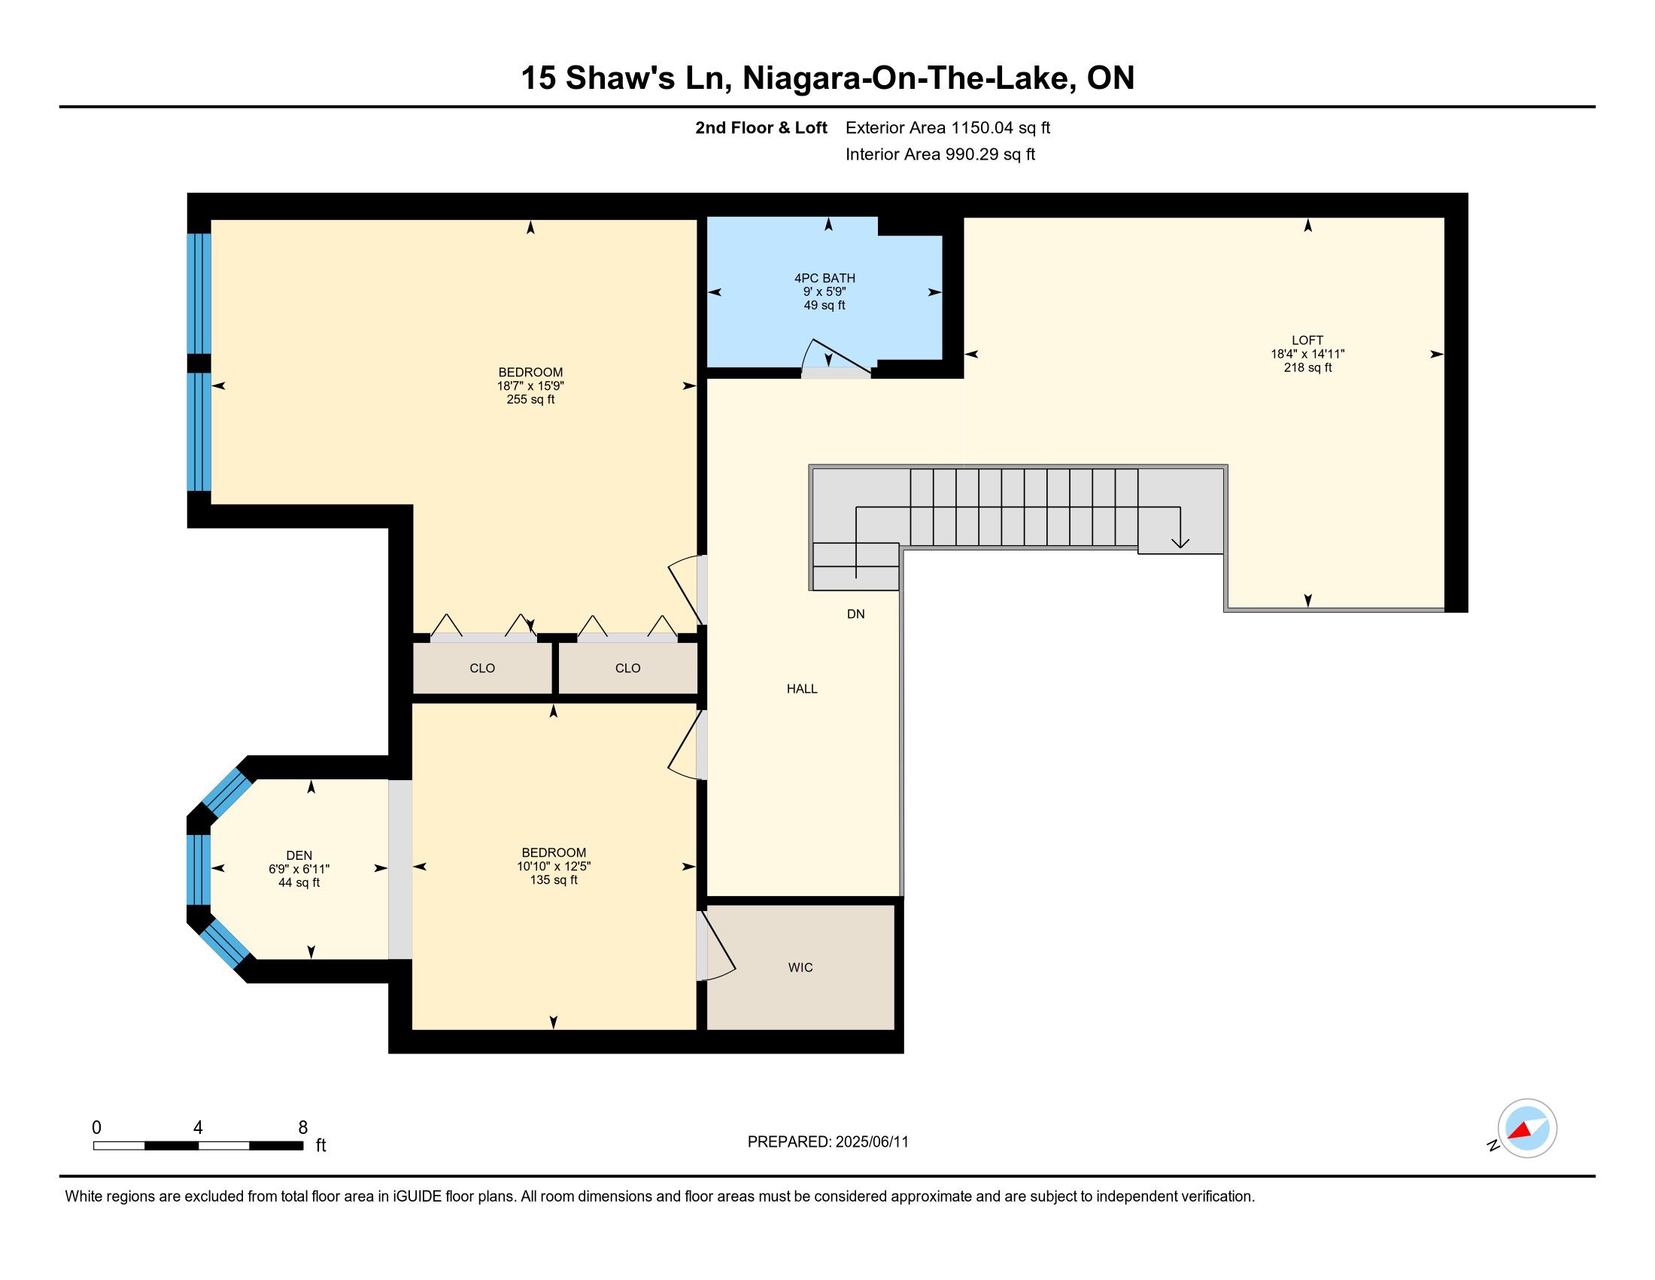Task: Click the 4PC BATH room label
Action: point(824,279)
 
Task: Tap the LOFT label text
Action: point(1307,340)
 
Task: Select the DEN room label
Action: point(299,855)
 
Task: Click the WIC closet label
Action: point(800,968)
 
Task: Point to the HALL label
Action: point(802,688)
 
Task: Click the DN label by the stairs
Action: point(855,614)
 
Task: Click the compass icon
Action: point(1526,1128)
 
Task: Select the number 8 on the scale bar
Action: point(303,1127)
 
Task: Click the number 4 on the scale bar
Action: point(198,1127)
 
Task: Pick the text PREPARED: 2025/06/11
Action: point(827,1142)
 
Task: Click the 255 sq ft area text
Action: point(530,400)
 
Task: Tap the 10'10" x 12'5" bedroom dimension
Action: point(554,866)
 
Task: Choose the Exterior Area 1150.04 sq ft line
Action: point(948,127)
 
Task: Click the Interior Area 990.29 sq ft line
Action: point(940,154)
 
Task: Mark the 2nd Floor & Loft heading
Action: point(761,127)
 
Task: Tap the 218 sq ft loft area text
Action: point(1307,367)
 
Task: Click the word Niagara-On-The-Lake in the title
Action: point(906,78)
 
